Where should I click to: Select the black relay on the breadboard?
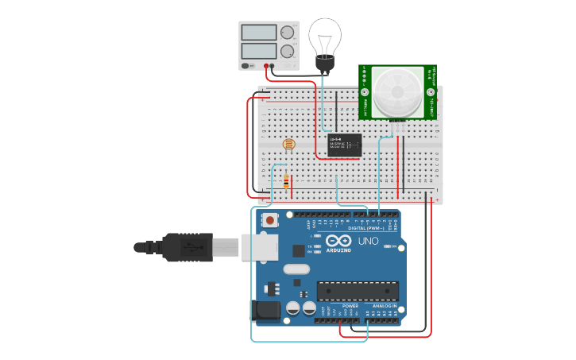[346, 145]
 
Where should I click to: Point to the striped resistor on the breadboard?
[286, 183]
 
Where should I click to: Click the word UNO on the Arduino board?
[369, 241]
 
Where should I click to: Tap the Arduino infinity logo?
[338, 241]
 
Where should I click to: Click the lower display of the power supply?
[259, 50]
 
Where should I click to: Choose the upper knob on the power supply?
[287, 33]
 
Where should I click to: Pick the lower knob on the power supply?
[287, 51]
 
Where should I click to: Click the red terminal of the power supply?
[267, 66]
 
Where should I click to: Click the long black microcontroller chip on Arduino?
[357, 291]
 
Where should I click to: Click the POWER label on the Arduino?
[350, 306]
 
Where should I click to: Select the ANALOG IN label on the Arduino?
[385, 306]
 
